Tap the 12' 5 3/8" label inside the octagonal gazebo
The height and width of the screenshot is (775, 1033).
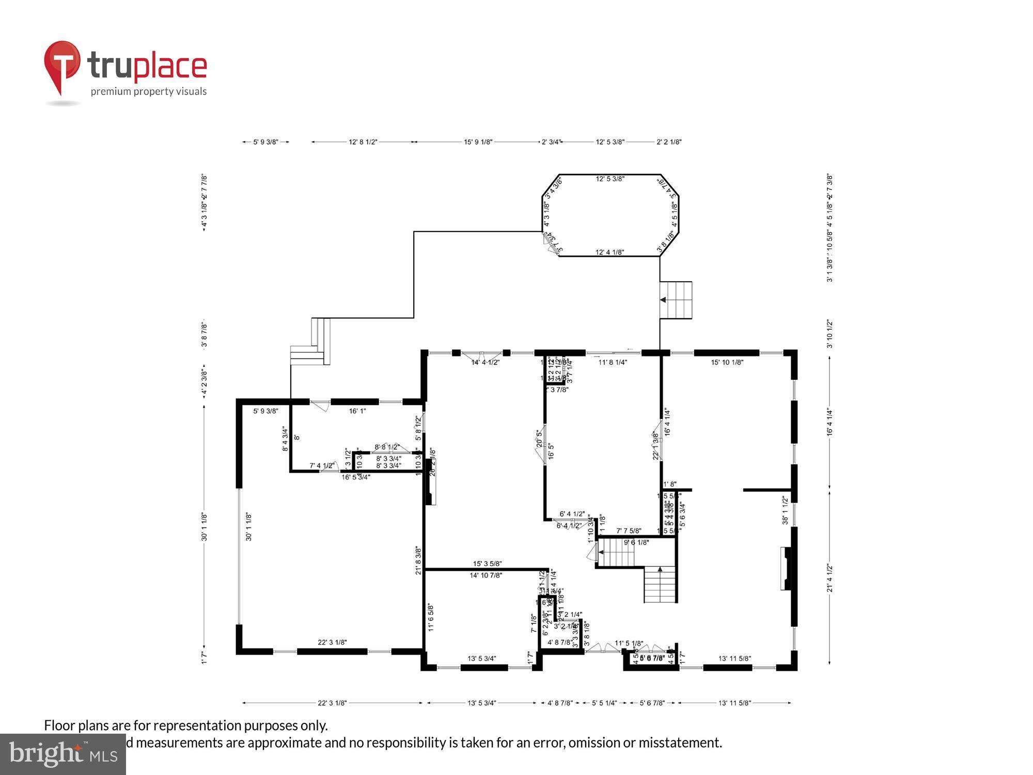click(x=610, y=179)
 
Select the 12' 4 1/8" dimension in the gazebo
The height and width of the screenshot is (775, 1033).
click(x=609, y=252)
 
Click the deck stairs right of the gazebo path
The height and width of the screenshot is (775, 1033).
click(x=676, y=300)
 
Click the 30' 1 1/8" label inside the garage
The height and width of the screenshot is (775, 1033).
click(x=248, y=526)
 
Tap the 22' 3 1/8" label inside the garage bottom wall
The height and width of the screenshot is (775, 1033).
click(x=332, y=642)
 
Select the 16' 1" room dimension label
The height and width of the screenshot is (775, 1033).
click(x=357, y=411)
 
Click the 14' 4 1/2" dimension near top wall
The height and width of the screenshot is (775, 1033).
click(x=485, y=362)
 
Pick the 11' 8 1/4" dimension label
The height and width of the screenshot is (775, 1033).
click(x=613, y=362)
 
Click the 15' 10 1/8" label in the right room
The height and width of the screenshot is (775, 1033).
click(x=727, y=362)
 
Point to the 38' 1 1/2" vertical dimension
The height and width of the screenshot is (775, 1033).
click(x=785, y=510)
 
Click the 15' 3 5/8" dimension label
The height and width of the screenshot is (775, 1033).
click(x=487, y=564)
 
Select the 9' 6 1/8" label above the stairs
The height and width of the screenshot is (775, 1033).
click(x=636, y=542)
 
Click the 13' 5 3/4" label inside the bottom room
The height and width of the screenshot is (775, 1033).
click(x=481, y=658)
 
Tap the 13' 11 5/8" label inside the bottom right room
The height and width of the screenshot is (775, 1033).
click(x=734, y=658)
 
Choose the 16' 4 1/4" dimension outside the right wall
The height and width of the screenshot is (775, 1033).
click(x=829, y=422)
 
